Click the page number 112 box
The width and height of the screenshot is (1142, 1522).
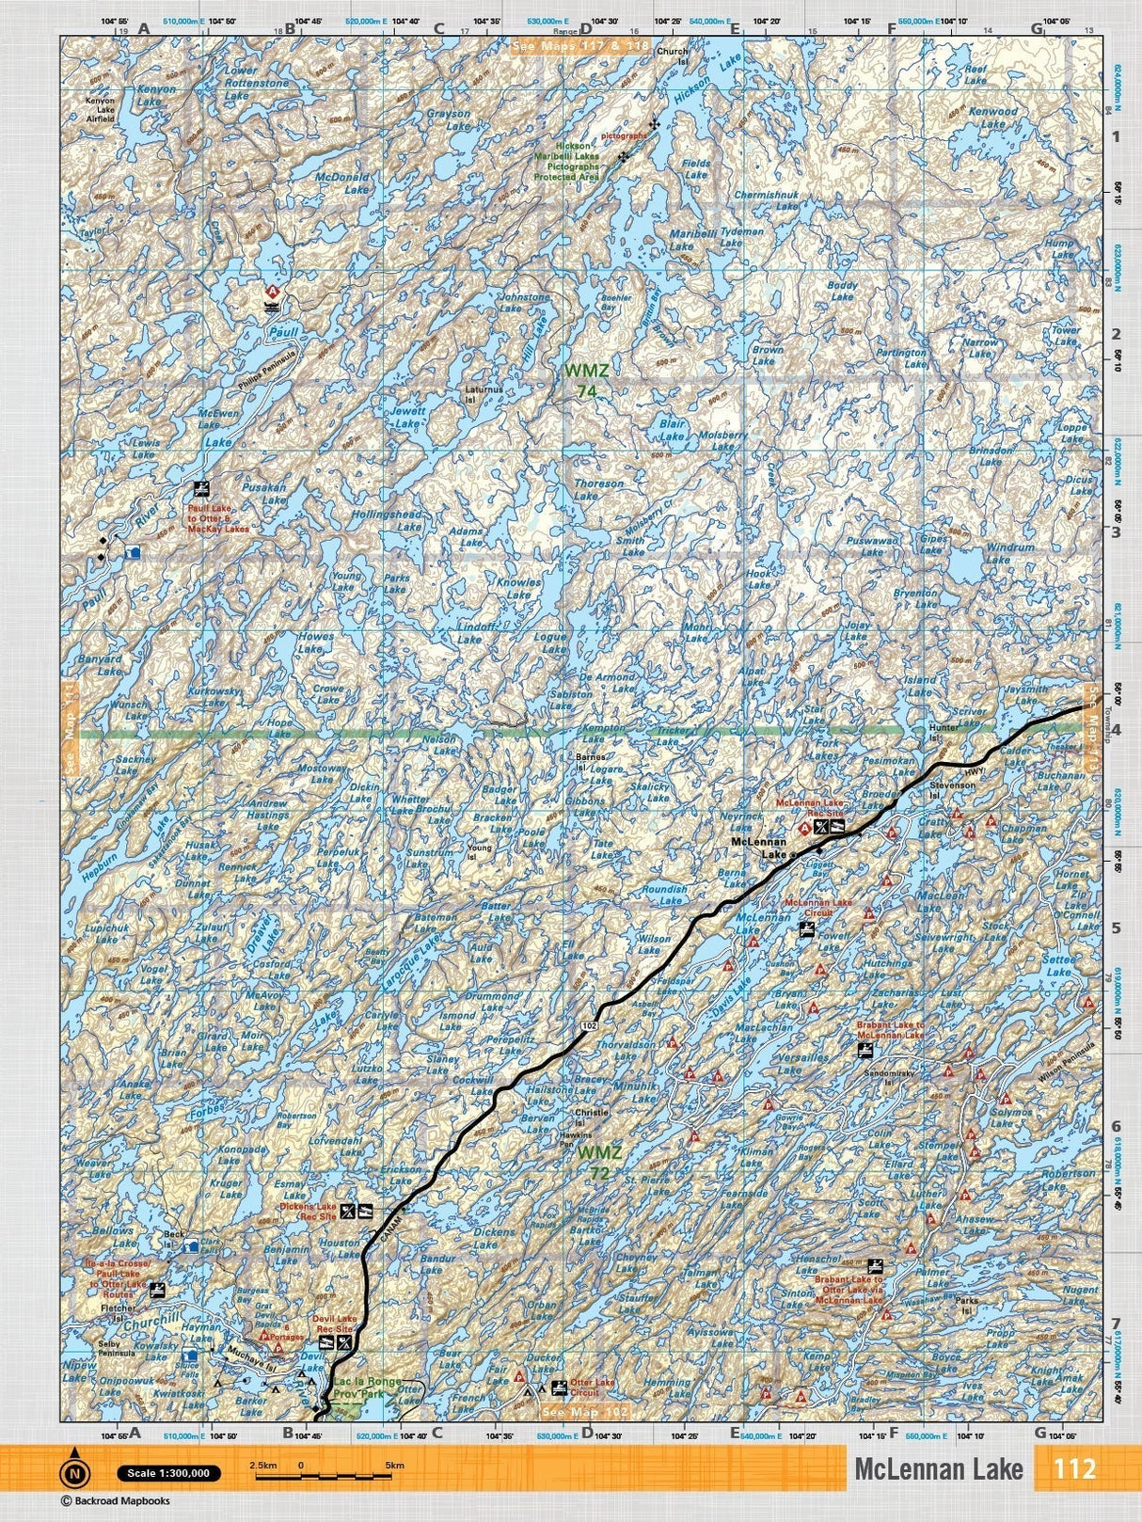pyautogui.click(x=1074, y=1469)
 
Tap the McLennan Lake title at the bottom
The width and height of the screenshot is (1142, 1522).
pyautogui.click(x=938, y=1469)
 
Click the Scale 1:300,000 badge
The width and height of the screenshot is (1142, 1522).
pyautogui.click(x=169, y=1473)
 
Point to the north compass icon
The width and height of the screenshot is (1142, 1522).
pyautogui.click(x=73, y=1472)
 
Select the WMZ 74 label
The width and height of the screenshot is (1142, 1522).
pyautogui.click(x=586, y=379)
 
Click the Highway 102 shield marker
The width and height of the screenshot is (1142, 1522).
pyautogui.click(x=588, y=1024)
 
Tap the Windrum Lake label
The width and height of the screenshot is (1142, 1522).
pyautogui.click(x=984, y=553)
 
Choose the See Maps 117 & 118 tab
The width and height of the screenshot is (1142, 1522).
pyautogui.click(x=579, y=45)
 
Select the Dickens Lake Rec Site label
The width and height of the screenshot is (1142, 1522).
pyautogui.click(x=308, y=1212)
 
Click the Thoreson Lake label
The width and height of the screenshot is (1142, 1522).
pyautogui.click(x=598, y=489)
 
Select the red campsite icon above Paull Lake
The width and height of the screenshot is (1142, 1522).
pyautogui.click(x=273, y=291)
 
